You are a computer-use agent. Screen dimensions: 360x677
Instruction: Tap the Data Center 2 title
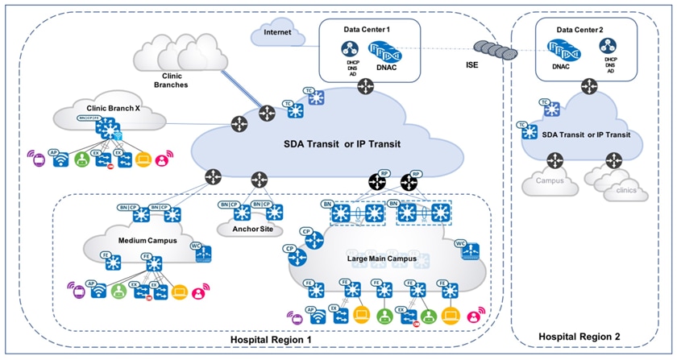point(585,30)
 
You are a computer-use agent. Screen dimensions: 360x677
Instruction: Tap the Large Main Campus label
point(380,259)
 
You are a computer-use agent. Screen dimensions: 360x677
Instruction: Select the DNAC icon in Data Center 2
point(560,53)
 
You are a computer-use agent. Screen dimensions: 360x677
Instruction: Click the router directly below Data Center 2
point(591,85)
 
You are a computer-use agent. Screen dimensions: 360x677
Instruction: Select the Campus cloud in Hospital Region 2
point(549,182)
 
